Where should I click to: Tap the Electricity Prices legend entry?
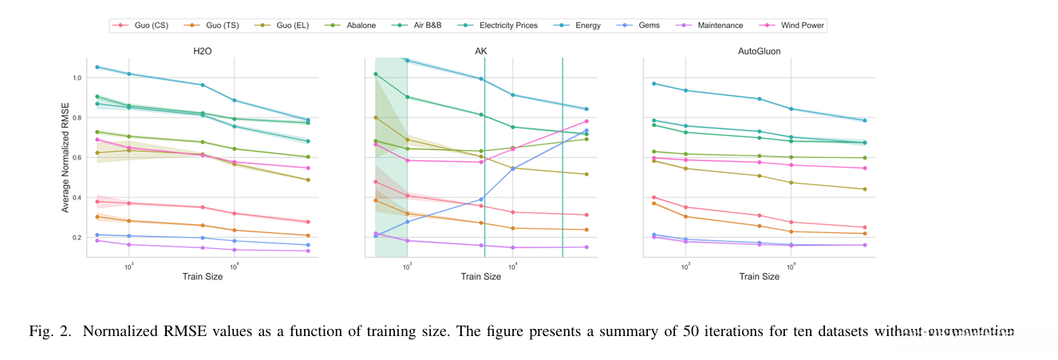click(x=505, y=26)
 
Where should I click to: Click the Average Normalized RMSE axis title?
click(x=65, y=157)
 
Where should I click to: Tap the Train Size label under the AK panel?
click(x=481, y=277)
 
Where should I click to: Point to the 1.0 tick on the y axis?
click(x=77, y=78)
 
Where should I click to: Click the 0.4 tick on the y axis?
click(x=77, y=197)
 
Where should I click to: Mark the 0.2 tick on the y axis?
click(x=77, y=237)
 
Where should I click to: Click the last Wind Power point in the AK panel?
click(x=586, y=121)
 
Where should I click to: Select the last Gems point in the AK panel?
click(x=586, y=131)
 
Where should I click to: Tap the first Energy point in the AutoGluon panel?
click(x=653, y=84)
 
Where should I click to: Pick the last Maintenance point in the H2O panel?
click(x=308, y=251)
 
